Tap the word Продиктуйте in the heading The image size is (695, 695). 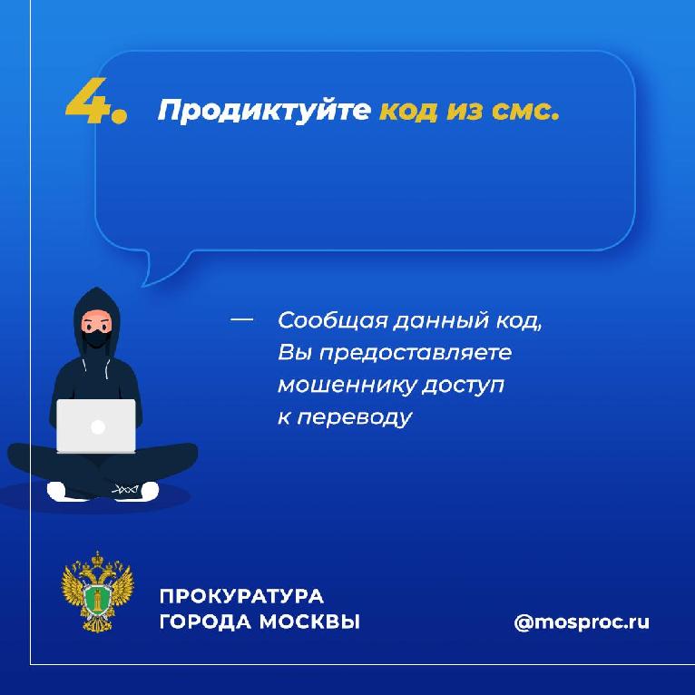coord(264,111)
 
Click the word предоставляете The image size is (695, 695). coord(416,354)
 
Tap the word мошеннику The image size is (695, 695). coord(346,385)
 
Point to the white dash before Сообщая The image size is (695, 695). coord(241,319)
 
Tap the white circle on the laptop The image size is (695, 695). coord(97,427)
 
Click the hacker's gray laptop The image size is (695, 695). coord(96,426)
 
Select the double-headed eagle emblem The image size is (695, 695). coord(97,592)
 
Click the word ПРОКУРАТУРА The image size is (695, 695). coord(241,597)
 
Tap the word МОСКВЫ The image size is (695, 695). coord(309,622)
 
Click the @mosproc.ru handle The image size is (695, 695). coord(582,622)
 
